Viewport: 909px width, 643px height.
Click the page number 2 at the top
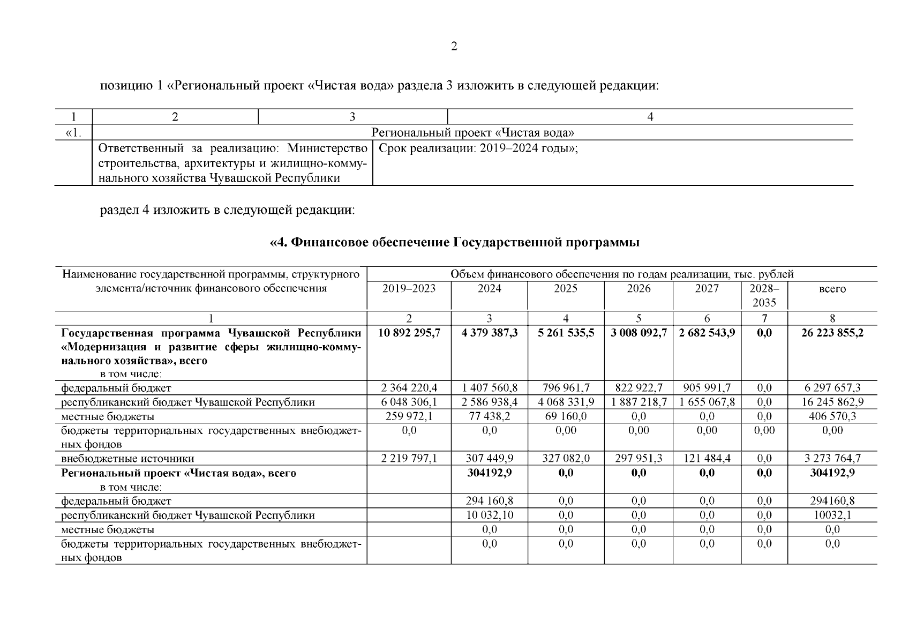point(454,47)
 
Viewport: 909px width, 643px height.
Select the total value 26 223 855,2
point(832,333)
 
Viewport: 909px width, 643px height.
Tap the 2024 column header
point(489,289)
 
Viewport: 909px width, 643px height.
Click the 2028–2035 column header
point(764,295)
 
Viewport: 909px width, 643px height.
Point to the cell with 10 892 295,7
point(409,333)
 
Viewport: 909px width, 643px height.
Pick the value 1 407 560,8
point(489,388)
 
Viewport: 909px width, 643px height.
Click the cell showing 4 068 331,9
point(566,402)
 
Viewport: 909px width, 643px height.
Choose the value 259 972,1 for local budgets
point(409,416)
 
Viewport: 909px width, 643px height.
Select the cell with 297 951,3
point(638,458)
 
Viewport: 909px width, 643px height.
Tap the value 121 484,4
point(707,458)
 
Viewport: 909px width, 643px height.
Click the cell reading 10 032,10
point(489,515)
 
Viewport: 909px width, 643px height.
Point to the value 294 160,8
point(489,501)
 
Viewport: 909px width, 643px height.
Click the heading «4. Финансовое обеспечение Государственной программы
point(454,243)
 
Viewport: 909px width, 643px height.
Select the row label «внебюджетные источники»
point(127,459)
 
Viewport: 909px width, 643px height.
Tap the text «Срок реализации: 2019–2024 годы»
point(478,148)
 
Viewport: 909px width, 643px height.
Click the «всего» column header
point(832,289)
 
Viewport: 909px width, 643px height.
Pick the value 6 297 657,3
point(832,388)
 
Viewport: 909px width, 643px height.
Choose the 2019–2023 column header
point(409,289)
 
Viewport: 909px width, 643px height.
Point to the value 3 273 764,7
point(832,458)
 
